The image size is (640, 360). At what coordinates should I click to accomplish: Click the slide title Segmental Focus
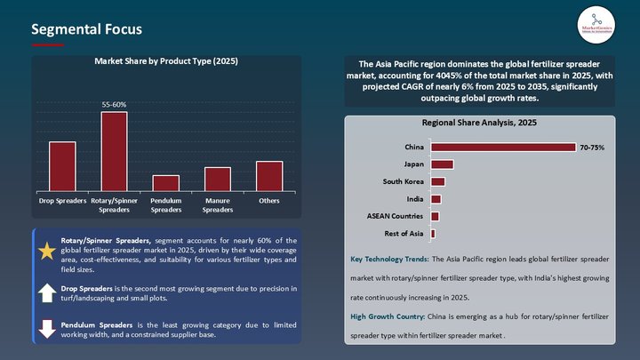coord(86,29)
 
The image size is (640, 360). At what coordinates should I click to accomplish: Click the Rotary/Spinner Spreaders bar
coord(114,150)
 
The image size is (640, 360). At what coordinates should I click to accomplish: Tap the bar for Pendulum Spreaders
coord(165,181)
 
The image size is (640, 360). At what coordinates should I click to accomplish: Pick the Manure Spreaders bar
coord(218,178)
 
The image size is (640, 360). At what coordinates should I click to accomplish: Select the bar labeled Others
coord(268,175)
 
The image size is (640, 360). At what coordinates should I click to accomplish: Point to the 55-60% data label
coord(114,104)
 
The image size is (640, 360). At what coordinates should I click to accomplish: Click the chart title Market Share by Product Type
coord(166,61)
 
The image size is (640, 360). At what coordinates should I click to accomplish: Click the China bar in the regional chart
coord(502,147)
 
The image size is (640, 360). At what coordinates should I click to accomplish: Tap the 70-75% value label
coord(592,147)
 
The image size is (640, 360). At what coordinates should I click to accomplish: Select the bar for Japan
coord(442,164)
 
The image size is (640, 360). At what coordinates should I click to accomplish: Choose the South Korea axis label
coord(403,181)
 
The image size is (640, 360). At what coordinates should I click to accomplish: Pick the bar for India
coord(436,198)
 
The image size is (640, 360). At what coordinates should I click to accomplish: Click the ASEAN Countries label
coord(395,216)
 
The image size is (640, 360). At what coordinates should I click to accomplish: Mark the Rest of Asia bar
coord(433,233)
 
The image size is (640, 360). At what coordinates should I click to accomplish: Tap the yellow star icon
coord(46,252)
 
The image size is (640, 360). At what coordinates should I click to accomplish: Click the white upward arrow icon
coord(46,292)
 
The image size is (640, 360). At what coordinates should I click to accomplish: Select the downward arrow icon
coord(46,330)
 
